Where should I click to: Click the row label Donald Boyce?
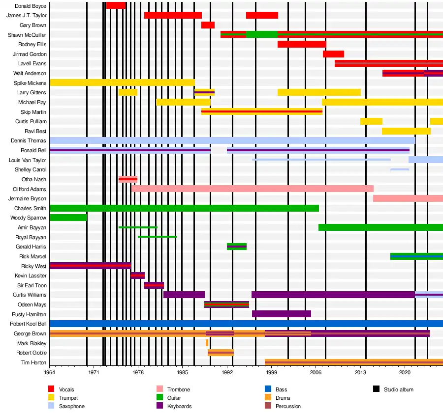(31, 6)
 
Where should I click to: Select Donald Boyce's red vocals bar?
(116, 5)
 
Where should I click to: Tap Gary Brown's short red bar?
(208, 25)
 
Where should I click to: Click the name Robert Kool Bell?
(28, 324)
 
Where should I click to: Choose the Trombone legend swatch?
(159, 389)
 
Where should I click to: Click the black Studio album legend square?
(376, 389)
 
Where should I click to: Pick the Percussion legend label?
(288, 406)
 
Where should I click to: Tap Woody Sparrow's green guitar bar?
(68, 218)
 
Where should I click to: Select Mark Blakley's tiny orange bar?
(207, 343)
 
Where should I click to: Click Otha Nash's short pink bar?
(128, 179)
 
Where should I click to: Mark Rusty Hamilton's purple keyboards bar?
(281, 314)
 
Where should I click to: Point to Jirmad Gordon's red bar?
(333, 54)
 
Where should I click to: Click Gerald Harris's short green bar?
(237, 247)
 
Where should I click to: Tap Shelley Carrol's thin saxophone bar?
(400, 169)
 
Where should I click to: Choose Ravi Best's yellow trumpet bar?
(406, 131)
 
